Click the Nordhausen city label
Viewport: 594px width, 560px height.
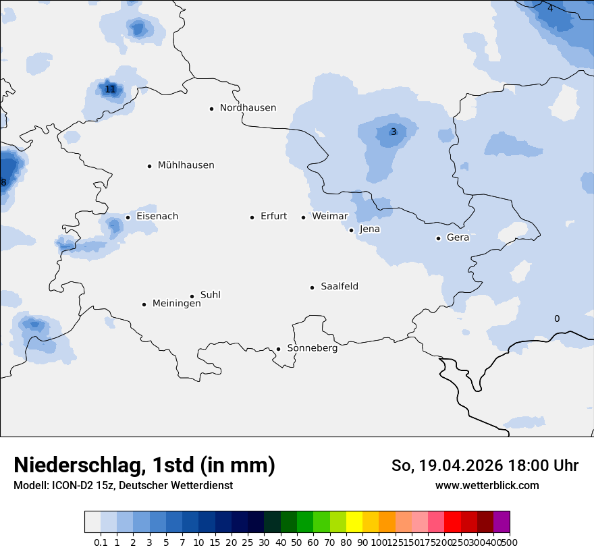click(x=248, y=108)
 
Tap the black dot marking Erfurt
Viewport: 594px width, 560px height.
click(x=252, y=217)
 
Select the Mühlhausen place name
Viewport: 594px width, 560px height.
click(x=186, y=165)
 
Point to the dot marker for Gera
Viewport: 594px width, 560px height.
click(x=438, y=238)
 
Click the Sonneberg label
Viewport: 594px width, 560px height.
click(x=312, y=348)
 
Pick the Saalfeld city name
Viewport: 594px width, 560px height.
click(x=340, y=287)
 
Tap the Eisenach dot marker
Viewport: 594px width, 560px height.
click(x=128, y=217)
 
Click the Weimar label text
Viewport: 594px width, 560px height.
click(x=329, y=217)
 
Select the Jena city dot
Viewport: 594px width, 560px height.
click(x=351, y=230)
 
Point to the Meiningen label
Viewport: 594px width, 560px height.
click(x=176, y=304)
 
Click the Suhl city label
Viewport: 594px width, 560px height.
click(x=211, y=295)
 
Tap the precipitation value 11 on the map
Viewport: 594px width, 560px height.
click(x=110, y=89)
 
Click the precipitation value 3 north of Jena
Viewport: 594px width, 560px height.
click(x=394, y=132)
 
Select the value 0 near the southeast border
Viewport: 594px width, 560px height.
click(x=557, y=318)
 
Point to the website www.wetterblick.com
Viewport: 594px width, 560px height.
click(x=487, y=485)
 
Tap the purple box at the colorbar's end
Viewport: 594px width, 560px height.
click(x=502, y=522)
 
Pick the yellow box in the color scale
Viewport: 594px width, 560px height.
click(x=354, y=522)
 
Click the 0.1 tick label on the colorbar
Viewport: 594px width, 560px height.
click(x=101, y=542)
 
